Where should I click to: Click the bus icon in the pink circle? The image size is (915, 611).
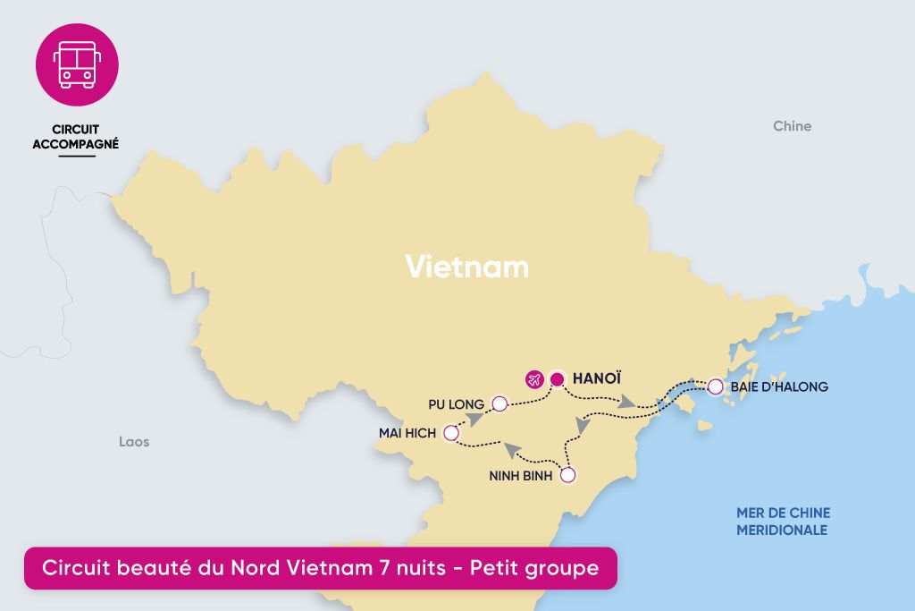[77, 65]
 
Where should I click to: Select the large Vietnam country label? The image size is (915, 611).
[466, 267]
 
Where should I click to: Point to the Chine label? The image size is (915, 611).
[792, 126]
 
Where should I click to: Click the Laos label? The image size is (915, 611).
[134, 442]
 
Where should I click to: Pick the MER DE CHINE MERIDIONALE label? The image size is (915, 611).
[783, 522]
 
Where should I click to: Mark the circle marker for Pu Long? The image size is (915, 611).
[499, 404]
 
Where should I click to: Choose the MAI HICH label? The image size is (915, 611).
[407, 434]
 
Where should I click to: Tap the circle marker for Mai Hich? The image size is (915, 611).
[451, 434]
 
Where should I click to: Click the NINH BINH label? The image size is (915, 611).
[521, 476]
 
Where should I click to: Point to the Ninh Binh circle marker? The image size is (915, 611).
[567, 476]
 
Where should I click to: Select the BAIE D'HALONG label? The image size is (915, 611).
[779, 387]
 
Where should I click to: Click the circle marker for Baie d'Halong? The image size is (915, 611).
[715, 387]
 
